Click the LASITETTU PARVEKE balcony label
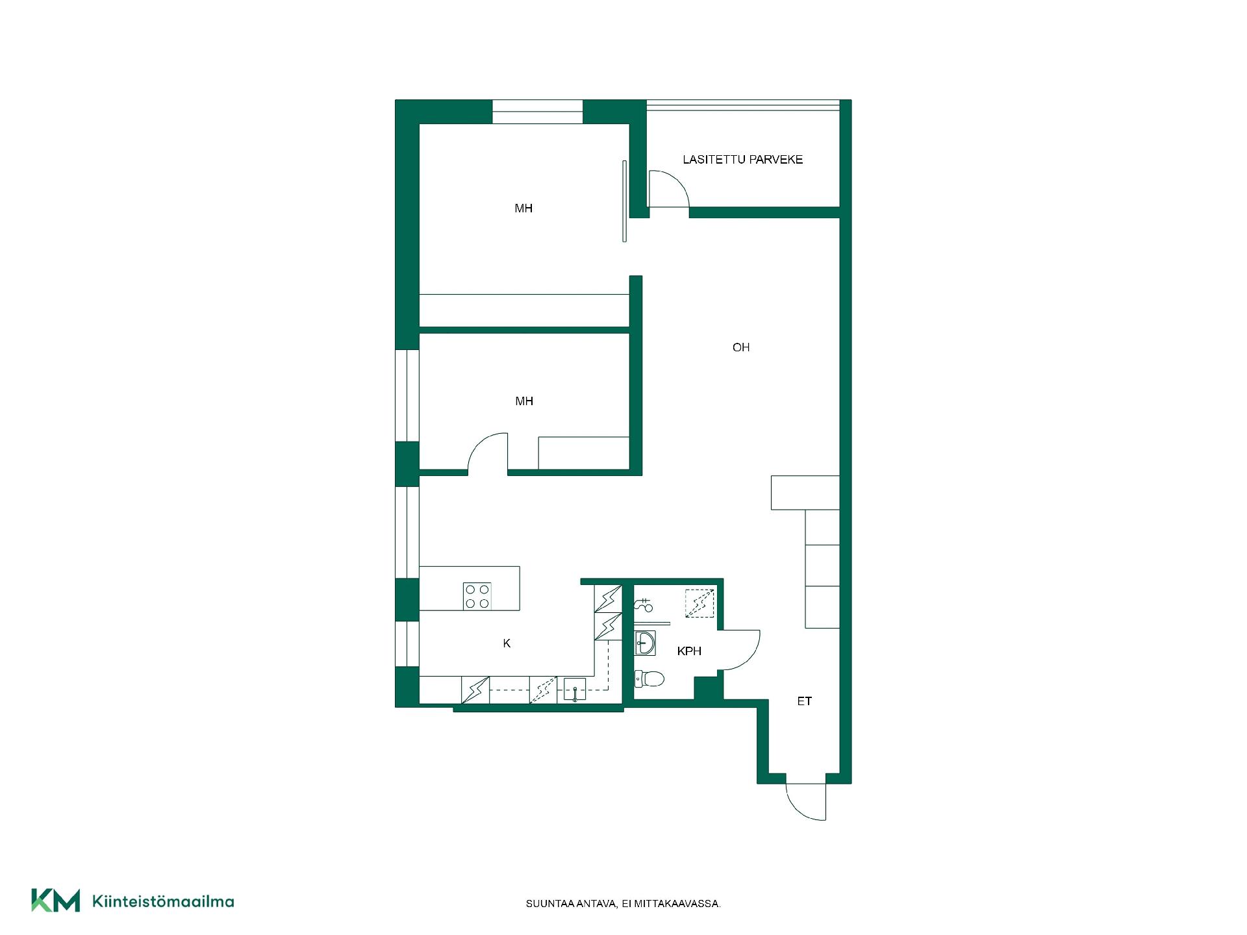click(x=742, y=159)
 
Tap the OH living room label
click(x=741, y=347)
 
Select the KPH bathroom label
click(x=689, y=651)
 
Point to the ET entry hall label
click(x=804, y=701)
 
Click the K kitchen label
click(x=507, y=643)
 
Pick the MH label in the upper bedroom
click(x=523, y=208)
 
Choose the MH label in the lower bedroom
click(x=524, y=401)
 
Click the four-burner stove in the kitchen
click(x=477, y=596)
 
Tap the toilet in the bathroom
click(x=649, y=679)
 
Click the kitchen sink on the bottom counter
click(x=575, y=690)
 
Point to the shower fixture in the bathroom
click(x=643, y=605)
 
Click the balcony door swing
click(x=669, y=189)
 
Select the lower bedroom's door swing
click(x=488, y=451)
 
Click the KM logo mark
click(x=56, y=900)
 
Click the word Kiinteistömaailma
click(x=163, y=901)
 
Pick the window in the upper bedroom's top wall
click(x=537, y=112)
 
